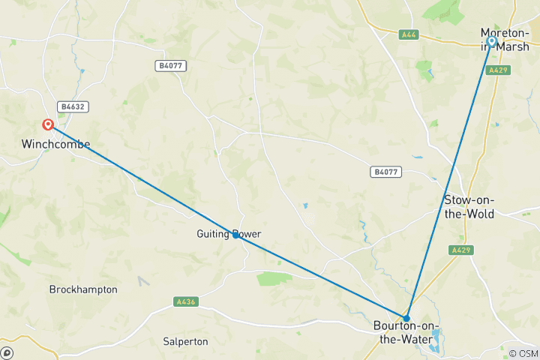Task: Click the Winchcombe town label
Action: pos(55,144)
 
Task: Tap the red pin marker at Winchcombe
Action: pos(48,125)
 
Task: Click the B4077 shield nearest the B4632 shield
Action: pos(171,66)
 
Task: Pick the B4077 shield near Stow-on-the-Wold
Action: pos(385,172)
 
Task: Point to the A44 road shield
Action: pos(408,34)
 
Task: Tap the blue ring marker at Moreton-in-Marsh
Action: pos(492,41)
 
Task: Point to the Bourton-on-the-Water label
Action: pos(406,332)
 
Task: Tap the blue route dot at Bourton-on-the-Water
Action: pos(406,318)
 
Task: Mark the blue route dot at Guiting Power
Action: pos(235,235)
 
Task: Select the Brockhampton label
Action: pos(83,289)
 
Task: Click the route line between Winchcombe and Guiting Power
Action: pos(142,181)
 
